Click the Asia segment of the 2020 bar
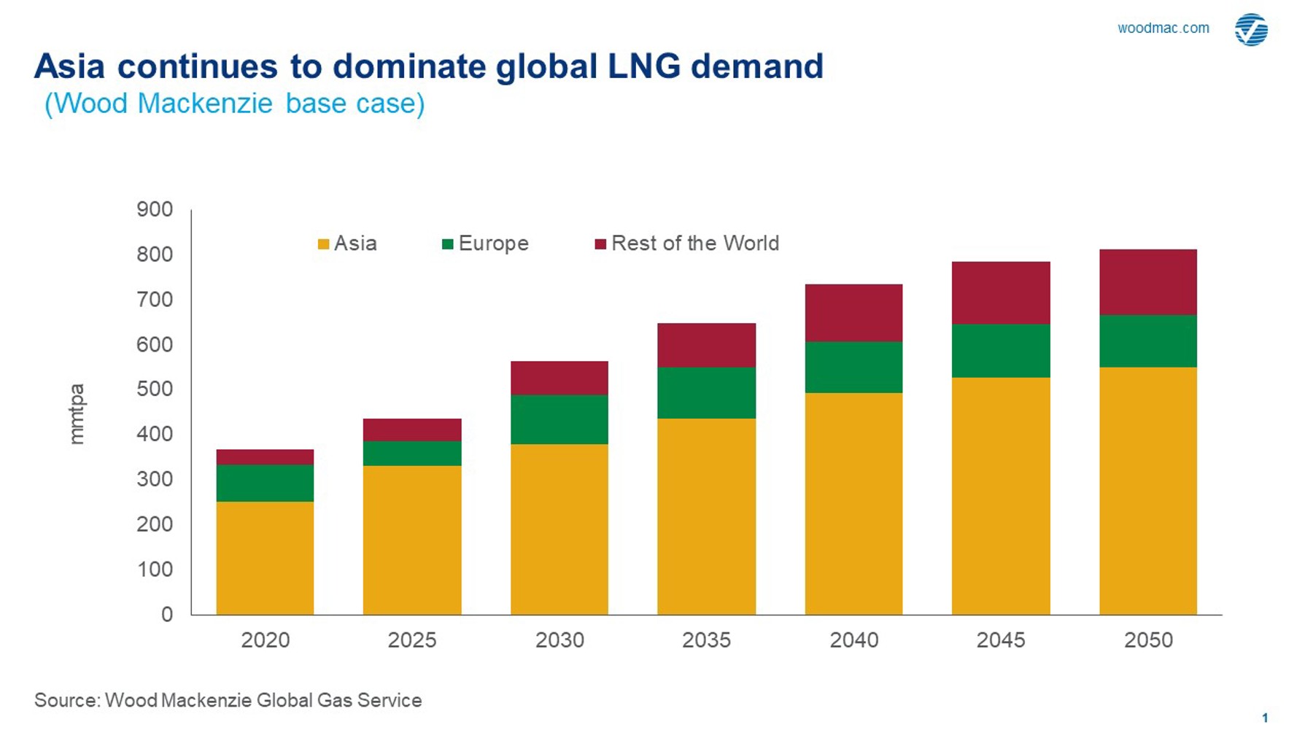click(x=265, y=558)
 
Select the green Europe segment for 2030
click(x=559, y=419)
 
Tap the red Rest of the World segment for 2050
click(x=1148, y=282)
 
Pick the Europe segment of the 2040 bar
click(x=853, y=367)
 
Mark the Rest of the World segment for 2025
click(x=412, y=430)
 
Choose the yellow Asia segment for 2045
click(x=1001, y=496)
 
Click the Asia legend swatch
click(x=323, y=244)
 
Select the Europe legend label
click(x=493, y=244)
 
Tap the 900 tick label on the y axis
click(x=155, y=209)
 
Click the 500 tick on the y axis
click(x=155, y=389)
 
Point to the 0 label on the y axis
click(x=167, y=614)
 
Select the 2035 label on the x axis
click(x=706, y=640)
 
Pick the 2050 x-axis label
click(x=1148, y=640)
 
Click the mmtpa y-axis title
click(x=77, y=413)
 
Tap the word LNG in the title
click(x=643, y=66)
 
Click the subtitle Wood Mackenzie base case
click(x=234, y=104)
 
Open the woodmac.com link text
click(x=1163, y=28)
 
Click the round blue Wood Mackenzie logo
click(x=1251, y=30)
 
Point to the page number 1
click(x=1265, y=718)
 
